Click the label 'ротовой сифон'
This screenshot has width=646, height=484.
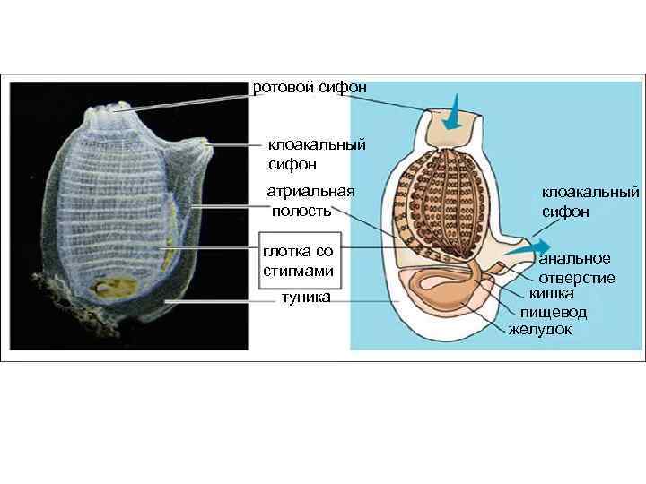tap(310, 87)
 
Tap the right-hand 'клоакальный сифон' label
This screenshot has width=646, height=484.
tap(589, 202)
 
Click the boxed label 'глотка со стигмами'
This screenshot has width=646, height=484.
tap(298, 261)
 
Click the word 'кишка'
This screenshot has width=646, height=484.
tap(551, 293)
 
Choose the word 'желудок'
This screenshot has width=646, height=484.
tap(540, 329)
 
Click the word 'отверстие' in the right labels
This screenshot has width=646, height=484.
tap(577, 277)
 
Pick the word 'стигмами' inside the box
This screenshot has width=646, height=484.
tap(299, 271)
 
